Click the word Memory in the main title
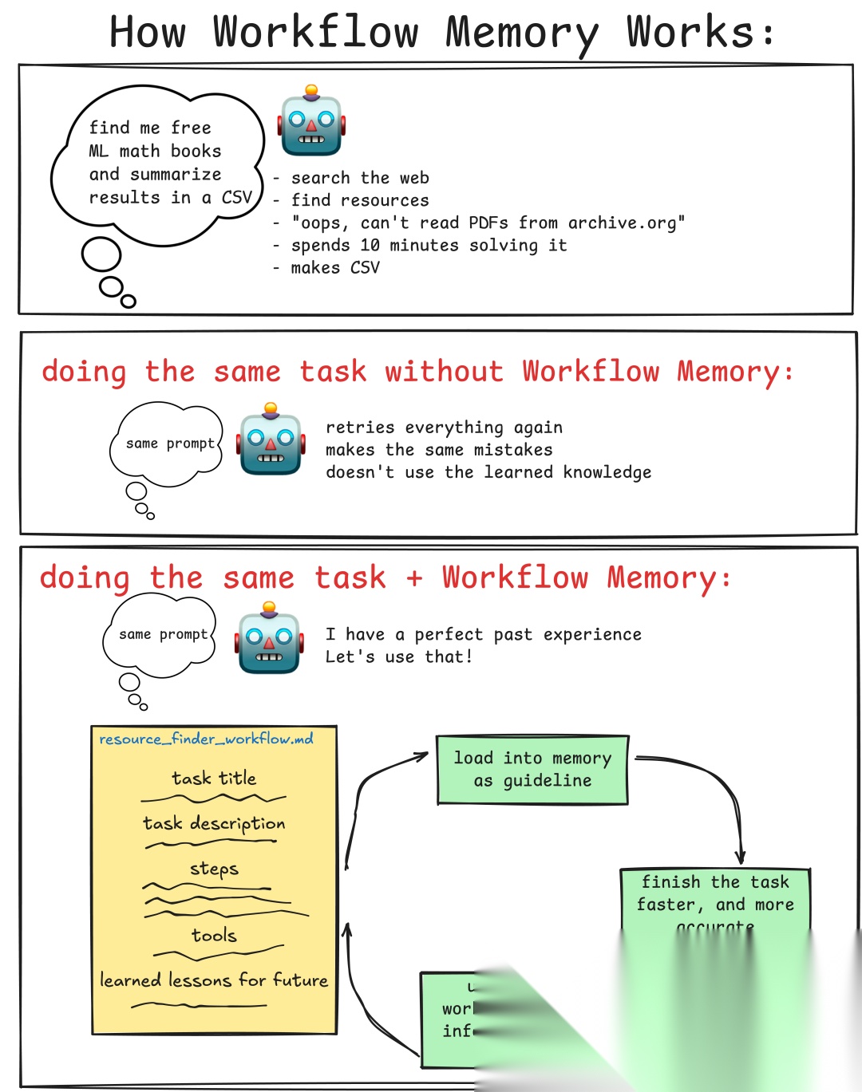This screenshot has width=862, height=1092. click(x=521, y=34)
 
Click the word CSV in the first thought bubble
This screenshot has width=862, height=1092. click(x=236, y=197)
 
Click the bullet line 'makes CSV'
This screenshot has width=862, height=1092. click(x=334, y=268)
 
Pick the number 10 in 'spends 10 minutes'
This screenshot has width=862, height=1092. click(x=370, y=246)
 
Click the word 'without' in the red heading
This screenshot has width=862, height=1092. click(x=444, y=372)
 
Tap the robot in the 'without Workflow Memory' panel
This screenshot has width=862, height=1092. click(x=271, y=441)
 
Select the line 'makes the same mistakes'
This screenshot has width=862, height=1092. click(x=438, y=450)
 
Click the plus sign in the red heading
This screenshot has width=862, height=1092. click(x=414, y=578)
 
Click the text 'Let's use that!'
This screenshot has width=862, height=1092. click(x=398, y=656)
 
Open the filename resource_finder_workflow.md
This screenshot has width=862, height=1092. click(x=206, y=739)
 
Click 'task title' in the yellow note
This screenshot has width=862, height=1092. click(x=214, y=778)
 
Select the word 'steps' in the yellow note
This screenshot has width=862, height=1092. click(x=214, y=868)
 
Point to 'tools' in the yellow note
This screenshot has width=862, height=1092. click(x=214, y=935)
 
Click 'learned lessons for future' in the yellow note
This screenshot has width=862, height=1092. click(x=214, y=980)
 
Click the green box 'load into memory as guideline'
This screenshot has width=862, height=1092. click(x=532, y=769)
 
